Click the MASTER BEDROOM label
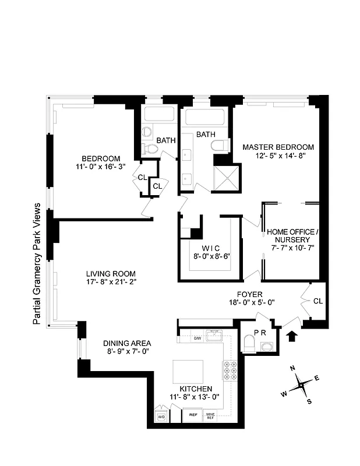coord(278,147)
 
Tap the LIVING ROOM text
coord(111,274)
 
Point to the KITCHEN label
coord(196,389)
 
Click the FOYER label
coord(250,294)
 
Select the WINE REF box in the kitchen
coord(211,416)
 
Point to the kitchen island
coord(188,370)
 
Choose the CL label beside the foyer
coord(317,301)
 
